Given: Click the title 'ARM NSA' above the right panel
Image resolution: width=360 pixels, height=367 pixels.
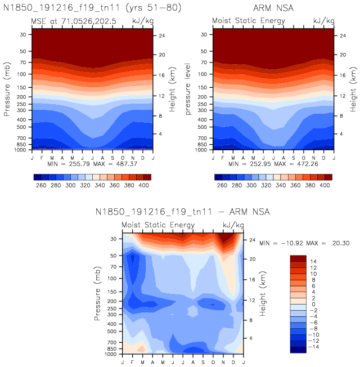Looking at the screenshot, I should pyautogui.click(x=273, y=8).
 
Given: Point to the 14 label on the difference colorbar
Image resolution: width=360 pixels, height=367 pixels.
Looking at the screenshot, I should pyautogui.click(x=313, y=261).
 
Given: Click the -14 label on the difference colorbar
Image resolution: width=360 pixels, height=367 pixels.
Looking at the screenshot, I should pyautogui.click(x=314, y=347).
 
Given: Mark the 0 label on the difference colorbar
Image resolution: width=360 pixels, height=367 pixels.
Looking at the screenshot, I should pyautogui.click(x=313, y=304).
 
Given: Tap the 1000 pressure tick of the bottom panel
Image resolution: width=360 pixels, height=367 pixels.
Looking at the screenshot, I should pyautogui.click(x=110, y=355).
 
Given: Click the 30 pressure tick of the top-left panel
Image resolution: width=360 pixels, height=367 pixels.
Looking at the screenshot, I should pyautogui.click(x=24, y=35).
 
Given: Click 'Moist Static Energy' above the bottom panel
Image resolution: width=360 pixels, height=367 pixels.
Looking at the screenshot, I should pyautogui.click(x=158, y=225).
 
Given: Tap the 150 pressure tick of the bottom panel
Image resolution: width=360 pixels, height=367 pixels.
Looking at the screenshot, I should pyautogui.click(x=111, y=292).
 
